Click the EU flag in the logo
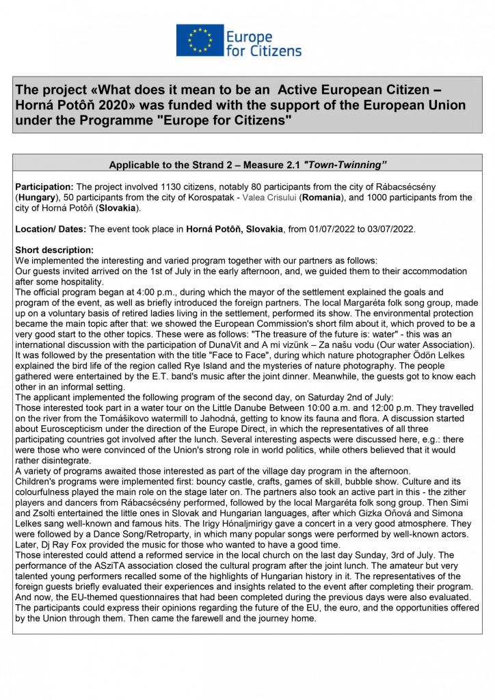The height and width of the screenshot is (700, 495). tap(199, 40)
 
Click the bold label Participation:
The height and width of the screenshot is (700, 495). tap(44, 187)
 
